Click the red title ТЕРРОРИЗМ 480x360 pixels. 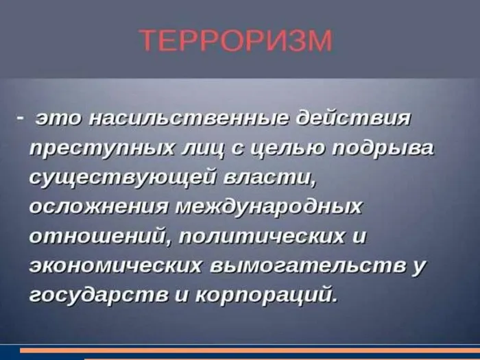point(235,41)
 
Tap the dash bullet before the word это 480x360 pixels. point(20,118)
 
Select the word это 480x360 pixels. point(58,119)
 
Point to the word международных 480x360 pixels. point(268,206)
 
